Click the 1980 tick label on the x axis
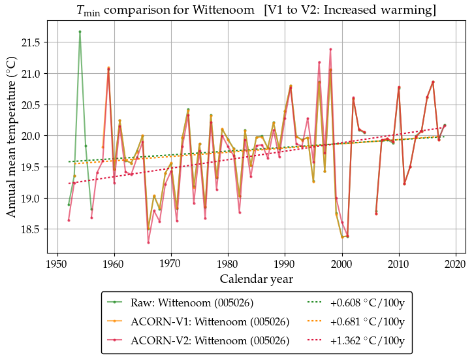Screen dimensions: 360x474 click(x=228, y=264)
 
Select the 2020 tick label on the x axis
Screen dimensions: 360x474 click(x=455, y=264)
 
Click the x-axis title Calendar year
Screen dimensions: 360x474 click(x=256, y=279)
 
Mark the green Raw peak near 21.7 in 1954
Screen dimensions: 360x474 click(x=80, y=31)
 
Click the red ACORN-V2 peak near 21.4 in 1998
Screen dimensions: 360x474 click(x=330, y=49)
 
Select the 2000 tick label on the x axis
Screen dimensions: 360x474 click(x=341, y=264)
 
